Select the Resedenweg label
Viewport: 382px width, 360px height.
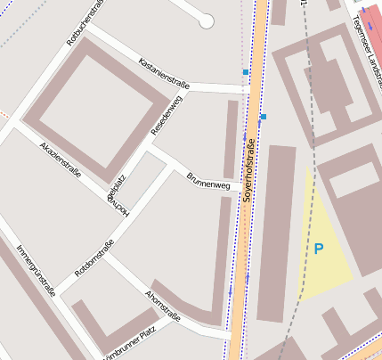167,115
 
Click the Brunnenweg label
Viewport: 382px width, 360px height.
208,178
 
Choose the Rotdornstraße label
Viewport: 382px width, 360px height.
94,258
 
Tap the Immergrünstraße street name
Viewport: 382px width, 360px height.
37,271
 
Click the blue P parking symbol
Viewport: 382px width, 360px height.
319,249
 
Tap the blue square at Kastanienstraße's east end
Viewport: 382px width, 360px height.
245,71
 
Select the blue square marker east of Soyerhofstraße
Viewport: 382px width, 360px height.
264,117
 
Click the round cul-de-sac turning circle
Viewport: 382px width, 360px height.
207,20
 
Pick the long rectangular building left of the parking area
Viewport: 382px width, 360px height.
276,232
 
